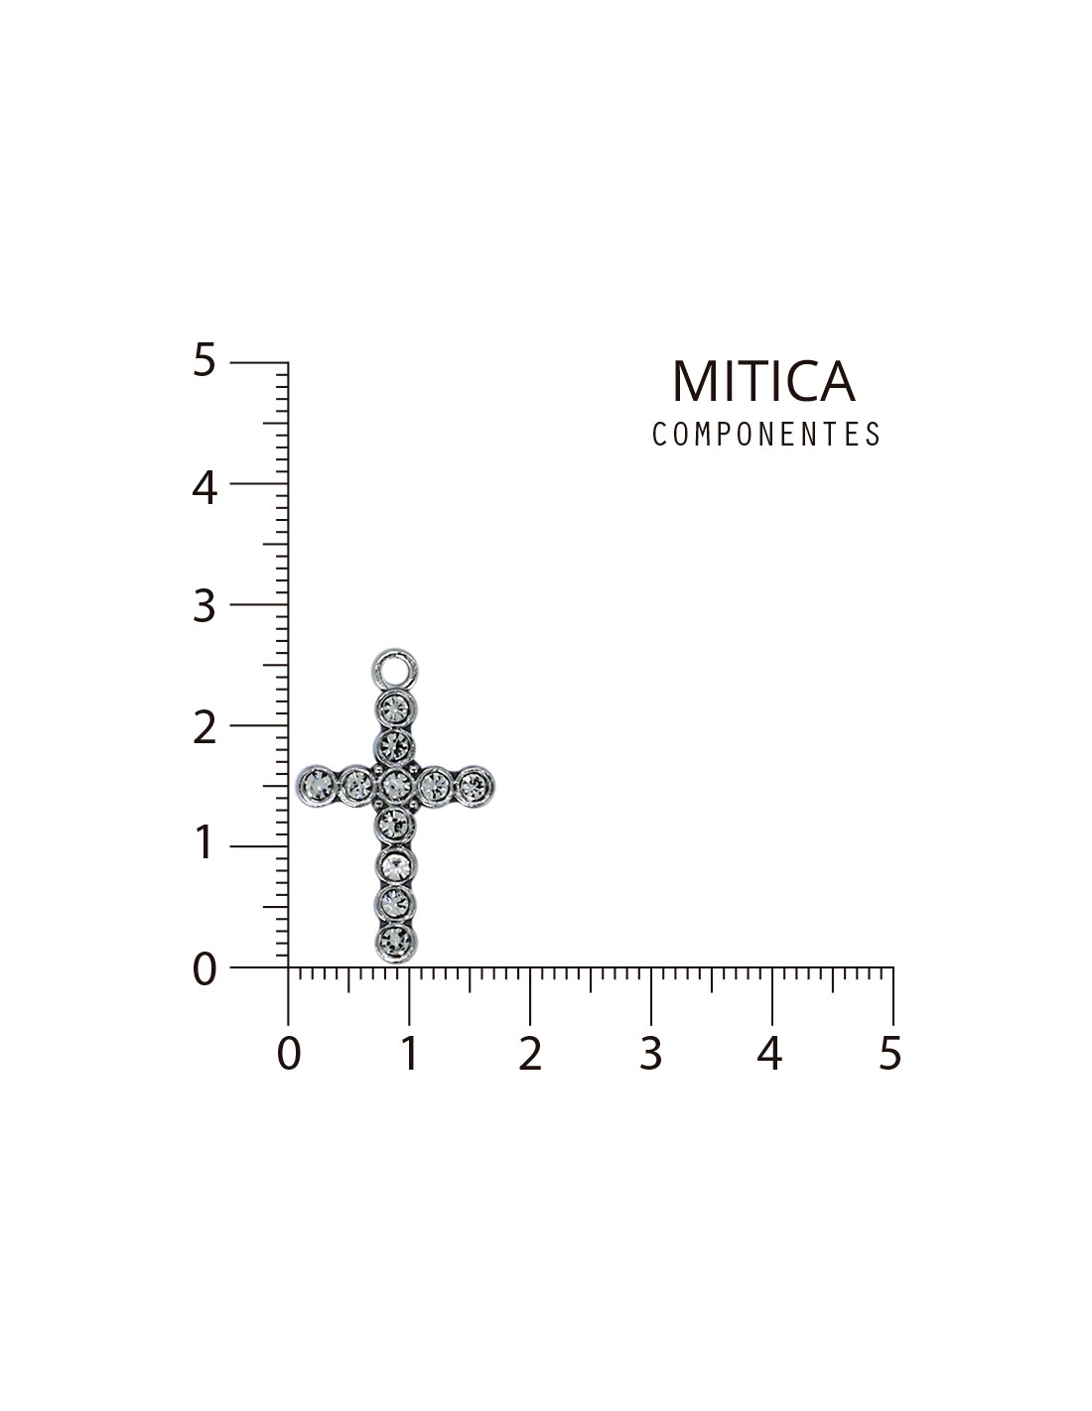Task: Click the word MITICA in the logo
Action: pyautogui.click(x=763, y=381)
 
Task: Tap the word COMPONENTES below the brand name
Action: pyautogui.click(x=766, y=434)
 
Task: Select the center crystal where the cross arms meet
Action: pyautogui.click(x=395, y=786)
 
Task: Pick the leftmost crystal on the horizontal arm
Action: pyautogui.click(x=317, y=785)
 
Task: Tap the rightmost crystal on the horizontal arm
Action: pyautogui.click(x=474, y=786)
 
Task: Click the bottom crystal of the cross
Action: pyautogui.click(x=395, y=941)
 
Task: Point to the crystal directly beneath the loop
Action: pyautogui.click(x=395, y=708)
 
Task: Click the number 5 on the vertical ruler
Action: pyautogui.click(x=204, y=360)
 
